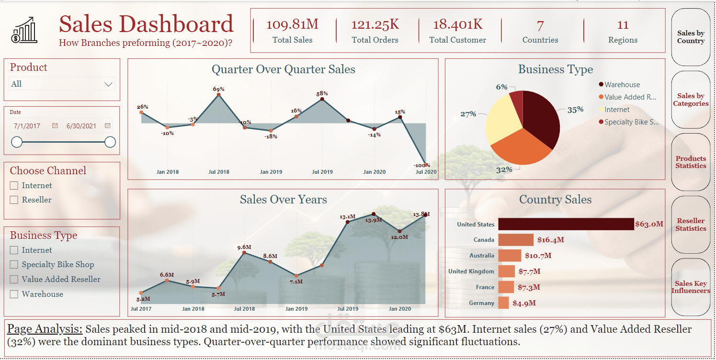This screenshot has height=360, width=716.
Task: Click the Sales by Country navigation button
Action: coord(691,37)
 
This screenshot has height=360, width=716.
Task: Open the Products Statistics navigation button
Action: coord(691,162)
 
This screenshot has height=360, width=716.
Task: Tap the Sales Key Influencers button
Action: coord(691,287)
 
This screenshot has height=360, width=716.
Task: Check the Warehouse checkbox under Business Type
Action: coord(14,294)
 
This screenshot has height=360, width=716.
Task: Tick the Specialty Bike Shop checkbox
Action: coord(14,264)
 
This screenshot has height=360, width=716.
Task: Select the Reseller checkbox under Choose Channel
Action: coord(14,200)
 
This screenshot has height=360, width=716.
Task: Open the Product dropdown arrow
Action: coord(109,84)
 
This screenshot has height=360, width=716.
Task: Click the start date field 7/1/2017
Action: coord(28,126)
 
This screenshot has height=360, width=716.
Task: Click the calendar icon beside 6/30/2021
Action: coord(108,125)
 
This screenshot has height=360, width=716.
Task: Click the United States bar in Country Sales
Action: coord(566,224)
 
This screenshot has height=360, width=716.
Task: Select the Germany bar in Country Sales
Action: coord(503,303)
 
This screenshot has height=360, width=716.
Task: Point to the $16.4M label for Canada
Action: coord(550,240)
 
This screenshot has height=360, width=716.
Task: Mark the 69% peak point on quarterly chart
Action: coord(219,95)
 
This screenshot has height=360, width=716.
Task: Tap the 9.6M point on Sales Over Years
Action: coord(245,253)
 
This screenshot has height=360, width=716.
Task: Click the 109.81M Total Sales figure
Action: coord(292,25)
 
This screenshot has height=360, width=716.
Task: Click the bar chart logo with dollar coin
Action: coord(24,30)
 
